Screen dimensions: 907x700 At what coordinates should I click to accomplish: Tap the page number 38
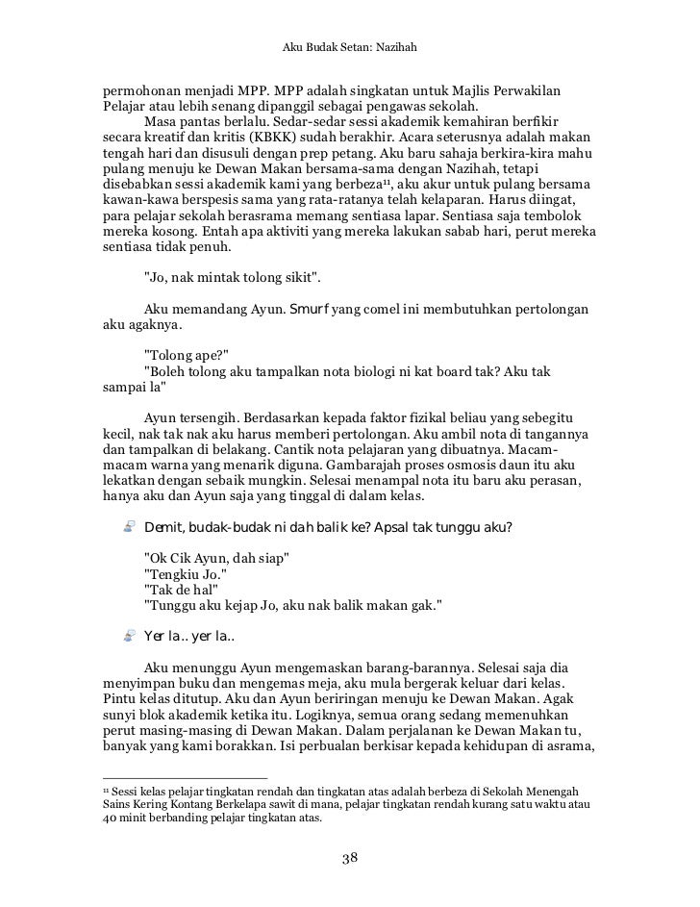click(350, 858)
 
